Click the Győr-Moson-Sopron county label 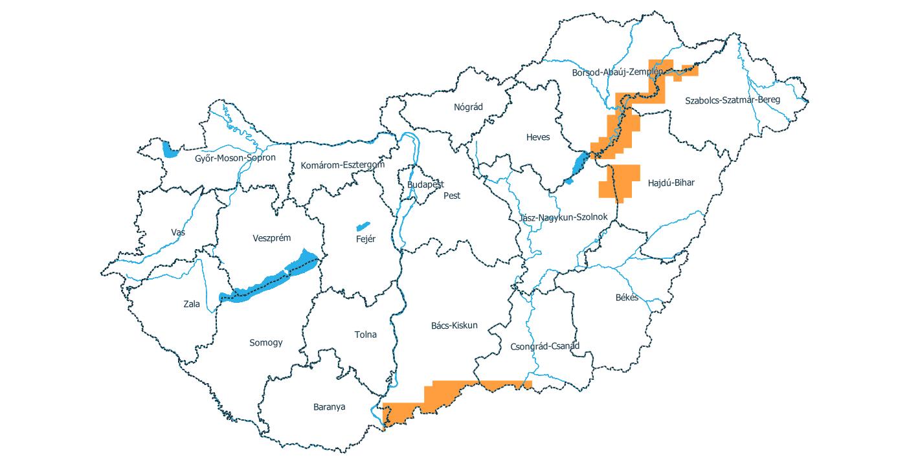click(235, 158)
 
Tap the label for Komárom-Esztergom click(342, 165)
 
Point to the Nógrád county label click(468, 107)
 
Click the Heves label click(537, 137)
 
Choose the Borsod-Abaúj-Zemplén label click(617, 72)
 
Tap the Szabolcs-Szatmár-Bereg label click(732, 100)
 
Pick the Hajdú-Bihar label click(671, 183)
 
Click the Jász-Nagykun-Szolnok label click(563, 217)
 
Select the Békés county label click(627, 298)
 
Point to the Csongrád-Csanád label click(544, 346)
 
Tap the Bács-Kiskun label click(454, 325)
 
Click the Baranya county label click(329, 407)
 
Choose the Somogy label click(266, 342)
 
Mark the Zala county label click(192, 304)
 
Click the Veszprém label click(271, 238)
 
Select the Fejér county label click(366, 239)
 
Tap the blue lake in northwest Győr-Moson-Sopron click(170, 150)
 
